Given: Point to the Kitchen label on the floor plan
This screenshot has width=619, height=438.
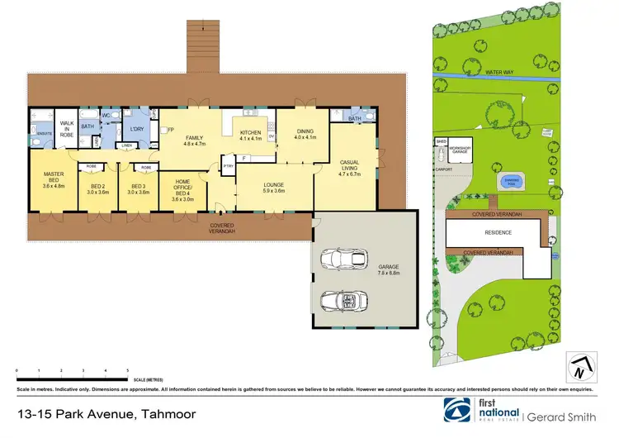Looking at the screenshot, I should tap(250, 133).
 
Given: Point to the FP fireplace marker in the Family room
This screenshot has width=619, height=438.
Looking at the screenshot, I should tap(170, 131).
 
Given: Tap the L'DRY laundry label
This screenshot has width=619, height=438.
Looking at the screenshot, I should tap(136, 129).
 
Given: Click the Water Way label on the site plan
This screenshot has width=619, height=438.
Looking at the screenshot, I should tap(499, 73).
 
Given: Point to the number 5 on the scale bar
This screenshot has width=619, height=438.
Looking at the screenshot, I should tap(127, 371).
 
